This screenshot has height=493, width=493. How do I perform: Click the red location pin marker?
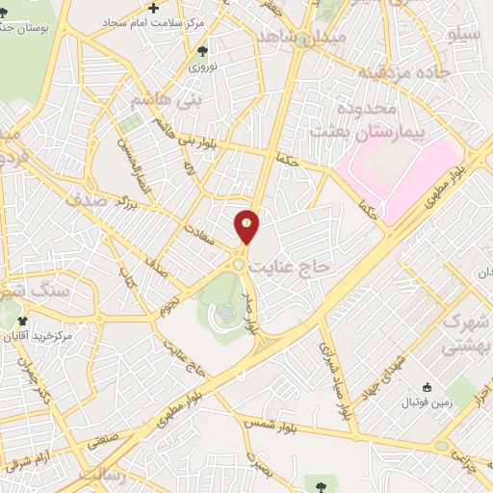point(247,226)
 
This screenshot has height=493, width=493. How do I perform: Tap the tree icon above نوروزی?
point(202,52)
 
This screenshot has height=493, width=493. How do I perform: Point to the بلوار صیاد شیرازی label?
point(333,381)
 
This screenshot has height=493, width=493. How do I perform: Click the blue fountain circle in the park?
point(224,312)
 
